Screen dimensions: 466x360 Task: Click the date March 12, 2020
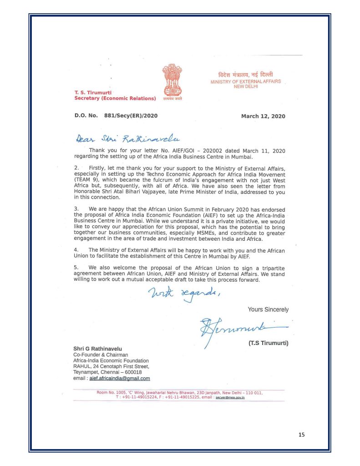coord(263,116)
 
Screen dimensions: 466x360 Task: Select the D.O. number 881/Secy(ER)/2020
coord(131,116)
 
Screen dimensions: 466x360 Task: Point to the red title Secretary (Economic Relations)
coord(115,98)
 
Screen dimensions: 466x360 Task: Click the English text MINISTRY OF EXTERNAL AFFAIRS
coord(245,82)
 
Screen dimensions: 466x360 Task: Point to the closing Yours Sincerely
coord(268,309)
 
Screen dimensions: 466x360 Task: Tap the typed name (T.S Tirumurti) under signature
coord(268,343)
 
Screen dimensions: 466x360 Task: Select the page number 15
coord(301,435)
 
